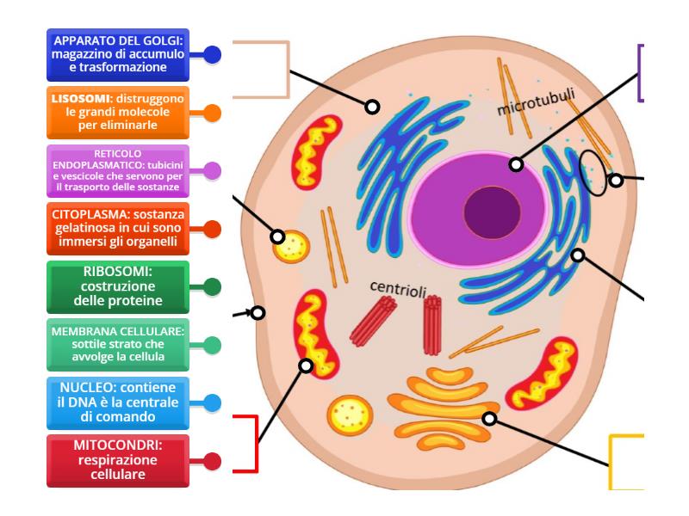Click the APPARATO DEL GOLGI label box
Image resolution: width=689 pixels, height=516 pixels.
coord(118,54)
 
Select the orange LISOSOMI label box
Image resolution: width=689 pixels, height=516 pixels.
coord(118,112)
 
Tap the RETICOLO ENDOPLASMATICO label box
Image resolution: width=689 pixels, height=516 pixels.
coord(118,170)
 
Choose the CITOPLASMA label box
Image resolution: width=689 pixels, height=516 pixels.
coord(118,229)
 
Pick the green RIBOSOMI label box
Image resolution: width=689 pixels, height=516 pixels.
coord(118,286)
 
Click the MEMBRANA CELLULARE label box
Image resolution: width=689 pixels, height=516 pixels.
coord(118,345)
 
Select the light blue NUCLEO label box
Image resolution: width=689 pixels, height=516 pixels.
coord(118,402)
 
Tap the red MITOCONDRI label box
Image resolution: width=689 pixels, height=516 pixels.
coord(118,460)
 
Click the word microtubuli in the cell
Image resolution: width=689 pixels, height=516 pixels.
coord(536,101)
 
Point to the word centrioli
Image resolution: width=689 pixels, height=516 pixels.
coord(399,286)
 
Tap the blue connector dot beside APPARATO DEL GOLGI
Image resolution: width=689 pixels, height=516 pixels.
coord(212,54)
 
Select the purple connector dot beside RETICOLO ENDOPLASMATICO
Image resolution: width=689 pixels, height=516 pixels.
coord(212,170)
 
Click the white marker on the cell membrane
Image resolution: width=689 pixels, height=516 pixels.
coord(256,313)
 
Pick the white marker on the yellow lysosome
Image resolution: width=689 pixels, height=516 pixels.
coord(278,236)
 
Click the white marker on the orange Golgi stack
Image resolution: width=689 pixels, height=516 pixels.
coord(489,419)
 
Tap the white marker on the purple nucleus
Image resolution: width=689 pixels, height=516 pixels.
coord(515,163)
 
